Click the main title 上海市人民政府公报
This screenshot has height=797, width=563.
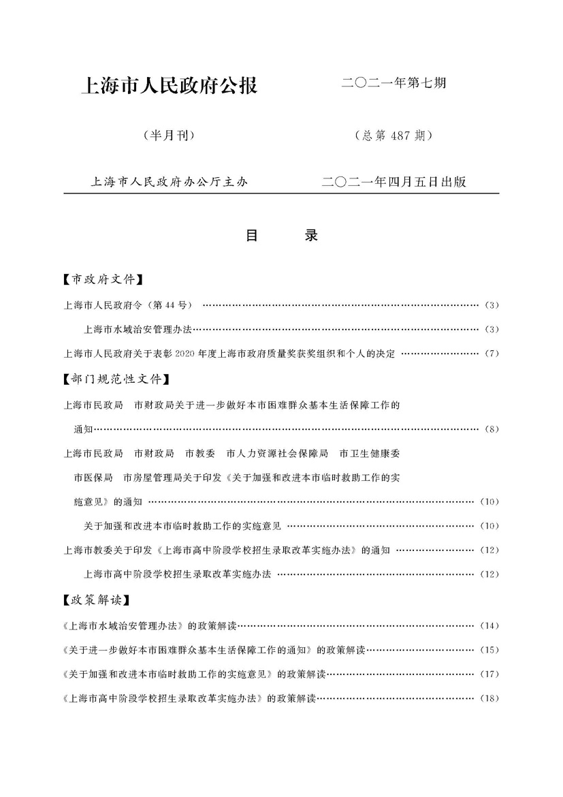pyautogui.click(x=169, y=87)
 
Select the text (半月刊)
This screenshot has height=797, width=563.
pyautogui.click(x=170, y=135)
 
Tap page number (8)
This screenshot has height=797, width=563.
pyautogui.click(x=492, y=429)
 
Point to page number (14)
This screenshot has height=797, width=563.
pyautogui.click(x=489, y=625)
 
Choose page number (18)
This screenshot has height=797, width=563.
pyautogui.click(x=489, y=698)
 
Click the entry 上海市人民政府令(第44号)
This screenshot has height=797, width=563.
pyautogui.click(x=129, y=304)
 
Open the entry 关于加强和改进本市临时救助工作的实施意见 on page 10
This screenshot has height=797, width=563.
pyautogui.click(x=182, y=526)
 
